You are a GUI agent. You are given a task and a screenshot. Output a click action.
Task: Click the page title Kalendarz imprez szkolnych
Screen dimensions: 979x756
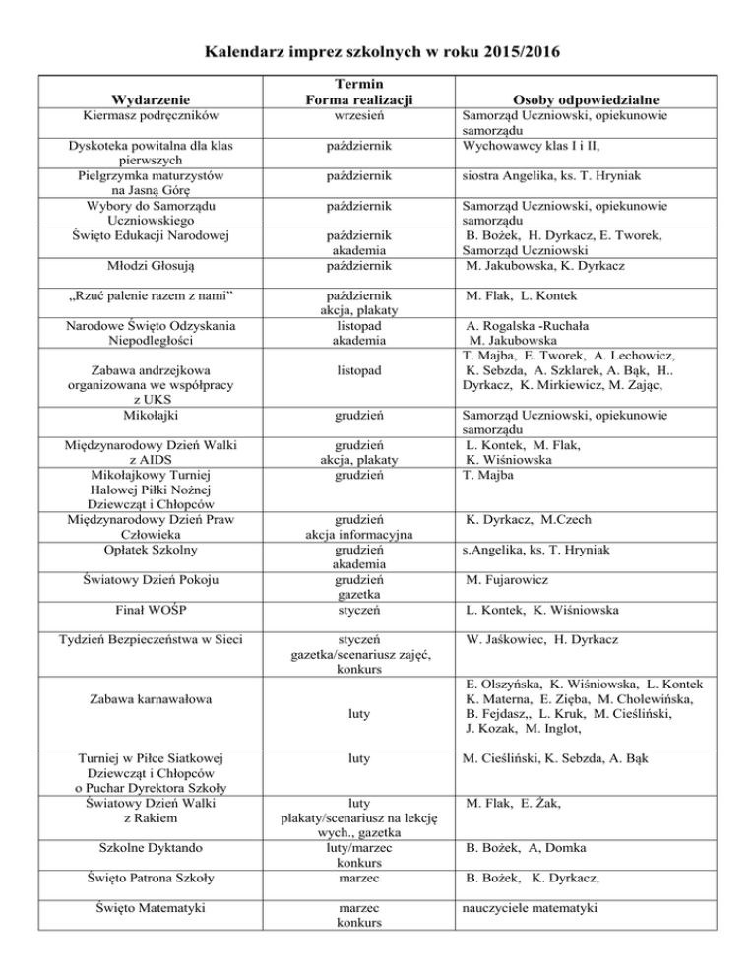click(x=378, y=50)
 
